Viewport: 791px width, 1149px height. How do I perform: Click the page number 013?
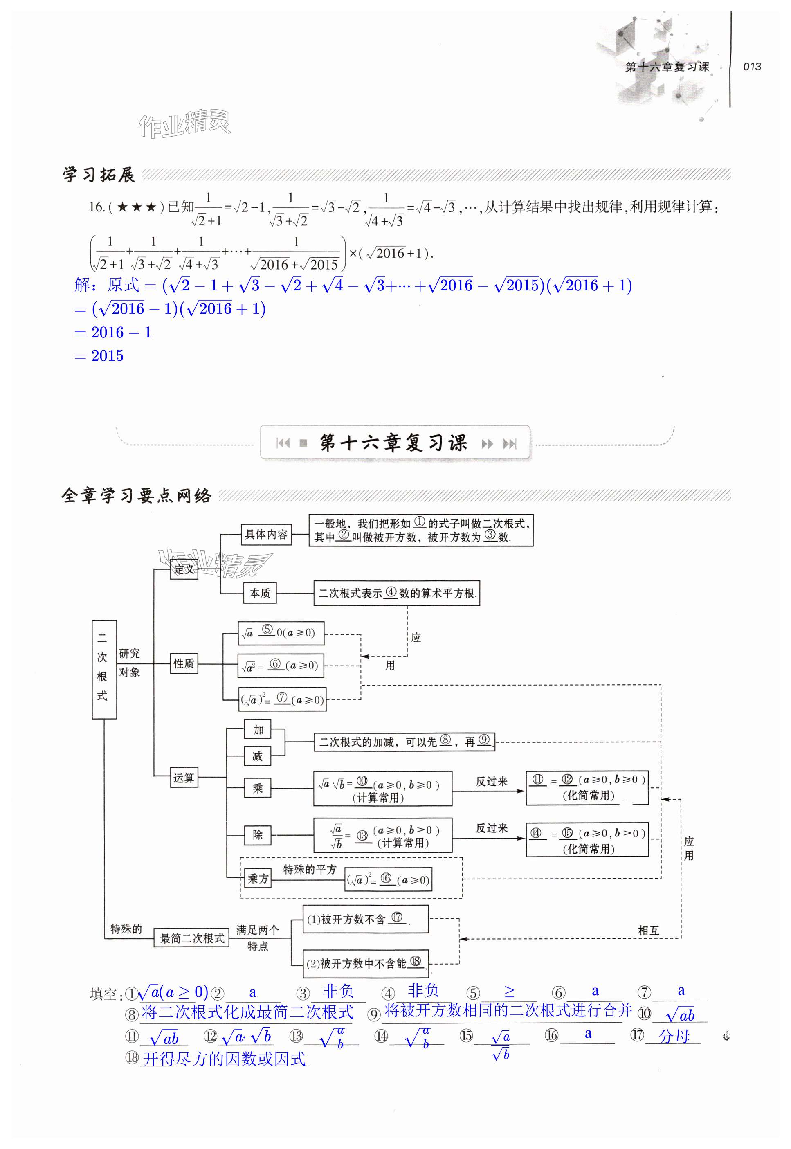click(x=751, y=66)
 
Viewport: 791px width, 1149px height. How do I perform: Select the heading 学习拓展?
click(x=99, y=175)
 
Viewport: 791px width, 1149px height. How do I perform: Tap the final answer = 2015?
click(x=99, y=355)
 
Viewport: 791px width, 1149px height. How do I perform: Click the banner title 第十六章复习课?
click(x=393, y=443)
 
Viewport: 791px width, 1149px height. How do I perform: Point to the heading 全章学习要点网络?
click(x=136, y=495)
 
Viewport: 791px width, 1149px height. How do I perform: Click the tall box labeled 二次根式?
click(x=104, y=669)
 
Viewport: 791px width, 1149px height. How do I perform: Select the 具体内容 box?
click(x=266, y=534)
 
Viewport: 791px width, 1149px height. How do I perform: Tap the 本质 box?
click(x=260, y=593)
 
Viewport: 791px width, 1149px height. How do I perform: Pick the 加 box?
click(x=258, y=730)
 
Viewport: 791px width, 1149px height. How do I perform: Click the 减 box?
click(x=258, y=756)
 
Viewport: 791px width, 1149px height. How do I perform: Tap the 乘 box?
click(x=258, y=788)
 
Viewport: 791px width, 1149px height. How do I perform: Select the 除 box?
click(x=258, y=835)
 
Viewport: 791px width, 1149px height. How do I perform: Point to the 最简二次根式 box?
click(x=192, y=938)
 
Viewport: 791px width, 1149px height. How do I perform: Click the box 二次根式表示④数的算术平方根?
click(x=396, y=593)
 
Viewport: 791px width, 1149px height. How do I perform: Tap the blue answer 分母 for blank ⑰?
click(x=674, y=1036)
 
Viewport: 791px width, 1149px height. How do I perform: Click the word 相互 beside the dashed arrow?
click(x=648, y=931)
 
